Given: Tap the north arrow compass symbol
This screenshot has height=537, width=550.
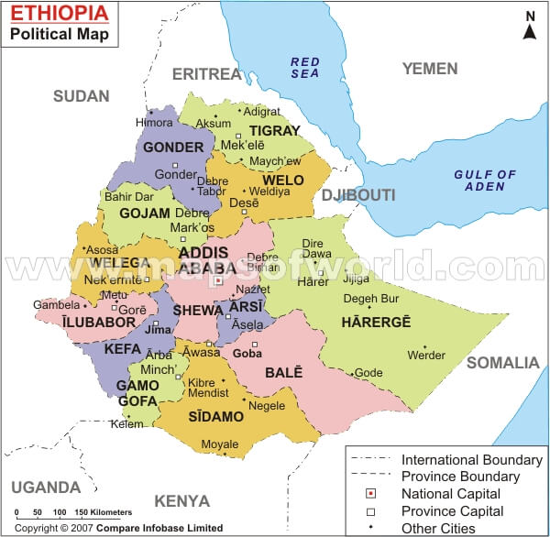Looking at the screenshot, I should [x=530, y=27].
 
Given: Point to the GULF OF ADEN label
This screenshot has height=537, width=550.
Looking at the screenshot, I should [x=486, y=181].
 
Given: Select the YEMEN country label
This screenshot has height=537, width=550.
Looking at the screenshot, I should [x=429, y=69].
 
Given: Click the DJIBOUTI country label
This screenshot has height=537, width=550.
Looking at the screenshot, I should [x=357, y=195].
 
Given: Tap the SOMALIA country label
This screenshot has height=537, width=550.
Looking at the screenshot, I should [x=503, y=363].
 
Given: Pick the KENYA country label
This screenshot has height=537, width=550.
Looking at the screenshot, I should [x=182, y=501].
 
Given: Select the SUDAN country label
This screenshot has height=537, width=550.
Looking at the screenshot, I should [x=81, y=96].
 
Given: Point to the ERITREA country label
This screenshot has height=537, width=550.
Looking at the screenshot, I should [x=206, y=72].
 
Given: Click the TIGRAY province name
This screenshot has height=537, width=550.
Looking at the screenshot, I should [x=274, y=130].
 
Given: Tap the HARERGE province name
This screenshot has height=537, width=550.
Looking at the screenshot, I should [x=376, y=322].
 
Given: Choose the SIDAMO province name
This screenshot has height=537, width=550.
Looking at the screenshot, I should [x=215, y=417].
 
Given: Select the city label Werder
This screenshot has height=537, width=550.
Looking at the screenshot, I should [x=426, y=356].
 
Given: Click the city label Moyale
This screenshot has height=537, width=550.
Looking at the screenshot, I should [x=220, y=445].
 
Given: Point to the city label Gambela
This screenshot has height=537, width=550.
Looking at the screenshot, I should [x=50, y=304].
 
